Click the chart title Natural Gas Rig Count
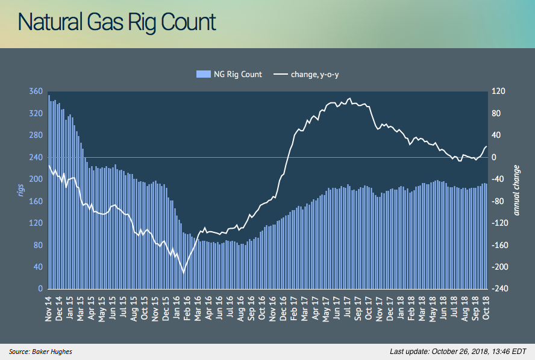117,22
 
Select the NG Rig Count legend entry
228,75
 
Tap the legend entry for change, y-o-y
311,75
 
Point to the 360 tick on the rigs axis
36,92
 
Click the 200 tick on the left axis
36,179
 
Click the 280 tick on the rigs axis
36,135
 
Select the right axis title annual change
517,190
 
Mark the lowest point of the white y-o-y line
183,272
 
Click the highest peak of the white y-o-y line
349,98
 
